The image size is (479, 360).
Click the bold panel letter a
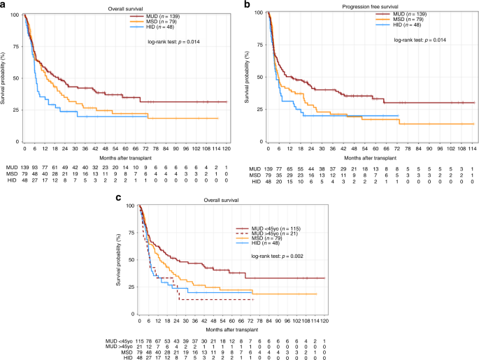(3, 5)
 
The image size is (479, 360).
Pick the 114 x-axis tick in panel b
(472, 149)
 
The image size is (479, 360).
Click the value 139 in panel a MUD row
(24, 171)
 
